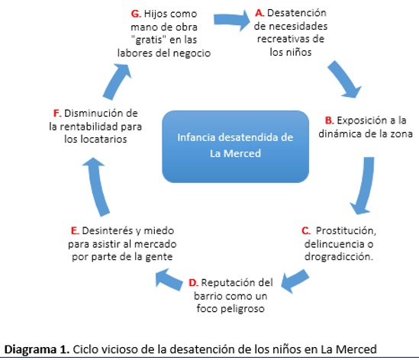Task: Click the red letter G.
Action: pos(136,14)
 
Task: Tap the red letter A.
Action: pos(259,13)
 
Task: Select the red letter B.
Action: pos(329,121)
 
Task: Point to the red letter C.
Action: pos(306,231)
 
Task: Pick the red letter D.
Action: pos(193,282)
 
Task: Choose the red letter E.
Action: pos(75,231)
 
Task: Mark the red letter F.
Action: pos(57,113)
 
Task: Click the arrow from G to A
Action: pos(231,20)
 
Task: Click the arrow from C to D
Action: pos(295,281)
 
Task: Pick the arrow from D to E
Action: pos(169,280)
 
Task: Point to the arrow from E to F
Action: pos(97,186)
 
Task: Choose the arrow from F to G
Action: pos(117,82)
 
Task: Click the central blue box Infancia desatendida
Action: pos(235,146)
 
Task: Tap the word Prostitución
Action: pos(346,231)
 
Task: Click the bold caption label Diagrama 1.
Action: pos(37,349)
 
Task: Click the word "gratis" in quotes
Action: pos(149,40)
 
